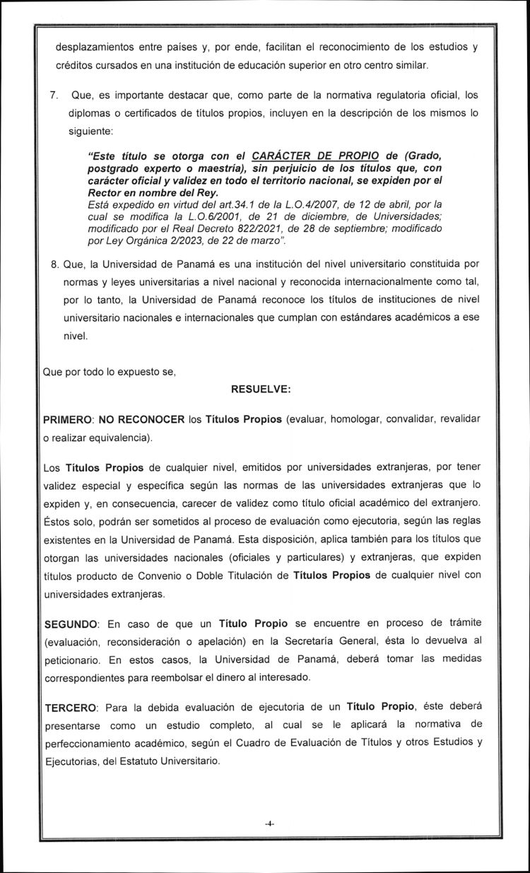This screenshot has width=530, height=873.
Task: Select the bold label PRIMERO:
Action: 69,420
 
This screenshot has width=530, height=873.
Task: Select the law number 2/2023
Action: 177,242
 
